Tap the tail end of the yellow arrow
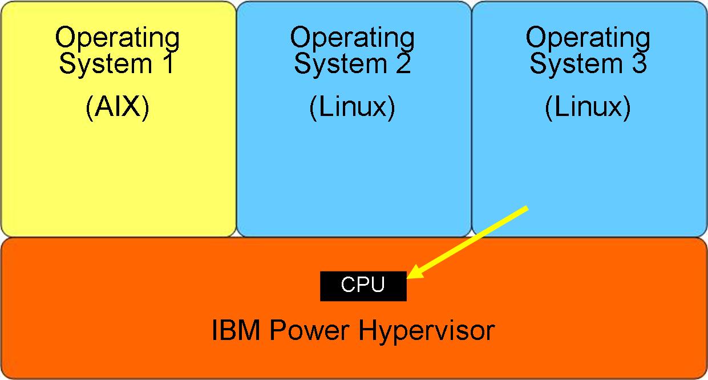click(x=526, y=209)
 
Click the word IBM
click(x=234, y=330)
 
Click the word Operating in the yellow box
click(x=118, y=39)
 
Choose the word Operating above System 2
click(x=352, y=39)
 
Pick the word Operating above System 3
click(x=588, y=39)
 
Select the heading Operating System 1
click(x=118, y=51)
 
